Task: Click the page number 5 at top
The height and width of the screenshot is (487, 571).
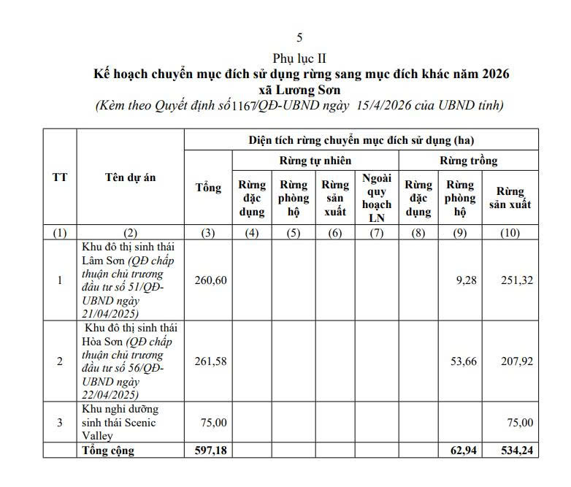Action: [x=299, y=38]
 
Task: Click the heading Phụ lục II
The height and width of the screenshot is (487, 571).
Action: [x=299, y=57]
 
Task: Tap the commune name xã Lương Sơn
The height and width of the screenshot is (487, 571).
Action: [x=300, y=89]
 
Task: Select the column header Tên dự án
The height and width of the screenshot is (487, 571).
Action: [x=129, y=177]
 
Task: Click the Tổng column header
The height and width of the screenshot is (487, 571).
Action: [x=208, y=188]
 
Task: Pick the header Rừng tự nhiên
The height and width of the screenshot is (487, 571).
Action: [x=315, y=160]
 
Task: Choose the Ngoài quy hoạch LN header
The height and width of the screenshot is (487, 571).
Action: [x=377, y=197]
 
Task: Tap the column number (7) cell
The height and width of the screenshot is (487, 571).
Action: [x=377, y=233]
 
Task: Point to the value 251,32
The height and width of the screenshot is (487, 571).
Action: [x=517, y=280]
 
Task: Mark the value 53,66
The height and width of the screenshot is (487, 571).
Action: [x=461, y=361]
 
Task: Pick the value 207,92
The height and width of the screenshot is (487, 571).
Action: [x=517, y=361]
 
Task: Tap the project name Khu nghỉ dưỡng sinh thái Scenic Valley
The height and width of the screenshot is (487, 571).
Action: [x=119, y=422]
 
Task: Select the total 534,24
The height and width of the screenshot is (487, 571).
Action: [x=516, y=450]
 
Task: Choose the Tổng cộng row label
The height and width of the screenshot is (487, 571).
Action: [x=107, y=450]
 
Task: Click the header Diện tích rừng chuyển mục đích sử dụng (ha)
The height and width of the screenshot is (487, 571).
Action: [x=361, y=139]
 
